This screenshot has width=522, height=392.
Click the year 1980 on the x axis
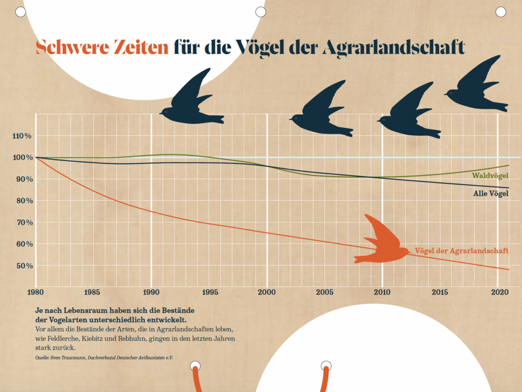[x=36, y=292]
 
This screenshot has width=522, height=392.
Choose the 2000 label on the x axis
[x=267, y=292]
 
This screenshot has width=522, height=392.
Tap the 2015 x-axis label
[x=440, y=292]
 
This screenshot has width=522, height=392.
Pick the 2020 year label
[x=498, y=292]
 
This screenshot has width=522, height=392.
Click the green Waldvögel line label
[x=490, y=176]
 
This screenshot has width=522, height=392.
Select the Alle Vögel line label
[x=491, y=193]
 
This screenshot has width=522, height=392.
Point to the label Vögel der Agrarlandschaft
[x=462, y=251]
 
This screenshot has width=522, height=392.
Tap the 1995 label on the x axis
[x=210, y=292]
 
